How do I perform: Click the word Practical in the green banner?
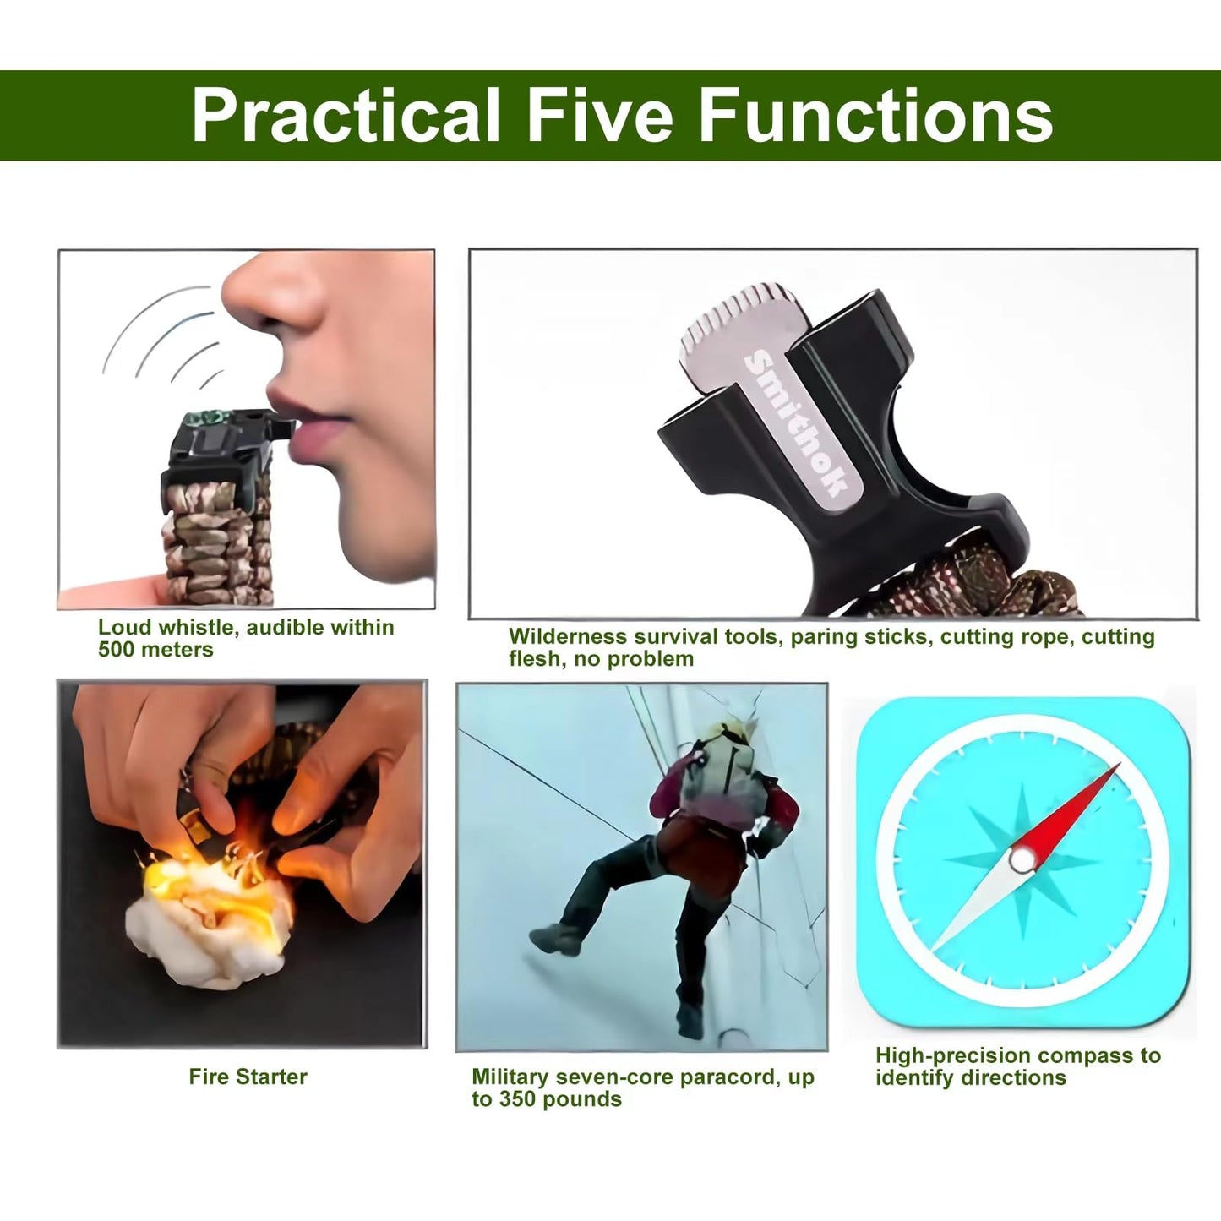(x=346, y=115)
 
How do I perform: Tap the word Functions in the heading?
(x=875, y=115)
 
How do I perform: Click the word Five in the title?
(x=599, y=115)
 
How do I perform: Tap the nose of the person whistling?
(x=272, y=292)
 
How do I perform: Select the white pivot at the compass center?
(x=1022, y=860)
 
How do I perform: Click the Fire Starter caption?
(x=248, y=1077)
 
